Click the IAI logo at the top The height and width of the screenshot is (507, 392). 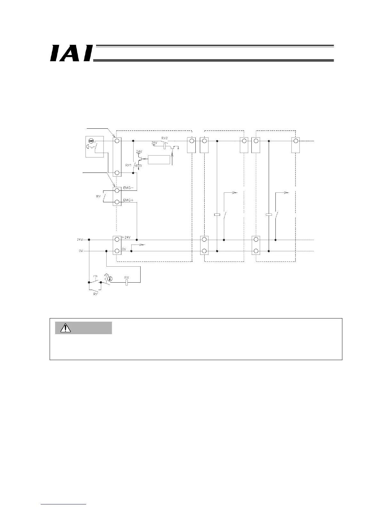[x=71, y=53]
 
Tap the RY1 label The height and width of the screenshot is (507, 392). [x=128, y=165]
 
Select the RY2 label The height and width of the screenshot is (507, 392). [x=164, y=138]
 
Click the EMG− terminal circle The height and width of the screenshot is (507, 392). [x=117, y=190]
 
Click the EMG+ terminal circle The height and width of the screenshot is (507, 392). [x=117, y=202]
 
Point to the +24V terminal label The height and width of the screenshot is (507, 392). [x=127, y=237]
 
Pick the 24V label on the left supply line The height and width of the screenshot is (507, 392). [x=80, y=239]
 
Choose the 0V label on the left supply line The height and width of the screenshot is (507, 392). [x=81, y=251]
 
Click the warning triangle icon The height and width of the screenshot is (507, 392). [x=66, y=328]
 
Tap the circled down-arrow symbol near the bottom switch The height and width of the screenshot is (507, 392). [x=110, y=278]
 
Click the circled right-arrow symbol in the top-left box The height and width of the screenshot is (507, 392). [x=91, y=141]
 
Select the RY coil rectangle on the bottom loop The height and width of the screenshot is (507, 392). [x=127, y=282]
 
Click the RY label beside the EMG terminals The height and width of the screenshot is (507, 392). [x=99, y=197]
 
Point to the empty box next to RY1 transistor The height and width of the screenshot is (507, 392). [x=159, y=159]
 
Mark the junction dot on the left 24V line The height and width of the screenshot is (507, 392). [x=89, y=239]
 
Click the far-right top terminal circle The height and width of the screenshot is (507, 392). [x=296, y=141]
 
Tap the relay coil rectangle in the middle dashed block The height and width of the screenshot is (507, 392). [x=217, y=214]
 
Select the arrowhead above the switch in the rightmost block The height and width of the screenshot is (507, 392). [x=287, y=193]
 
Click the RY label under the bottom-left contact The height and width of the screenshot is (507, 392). [x=95, y=294]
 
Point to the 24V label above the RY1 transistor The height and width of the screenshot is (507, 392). [x=139, y=151]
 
